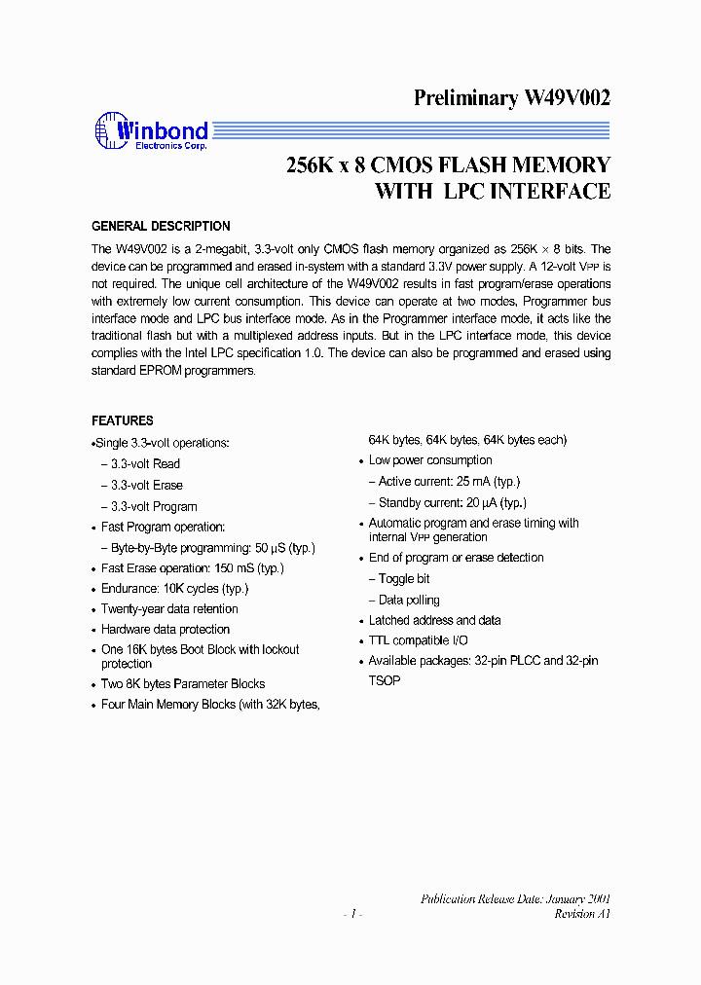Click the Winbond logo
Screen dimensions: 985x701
(151, 132)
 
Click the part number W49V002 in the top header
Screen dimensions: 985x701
(568, 97)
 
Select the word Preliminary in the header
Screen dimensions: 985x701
(465, 97)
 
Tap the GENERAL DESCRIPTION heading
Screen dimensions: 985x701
(161, 226)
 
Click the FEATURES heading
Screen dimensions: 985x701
(123, 420)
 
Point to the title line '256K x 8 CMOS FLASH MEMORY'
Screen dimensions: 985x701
(448, 164)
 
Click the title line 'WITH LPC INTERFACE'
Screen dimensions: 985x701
(493, 191)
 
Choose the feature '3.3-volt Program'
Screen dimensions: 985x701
(153, 506)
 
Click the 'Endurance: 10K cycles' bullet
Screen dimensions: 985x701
(174, 588)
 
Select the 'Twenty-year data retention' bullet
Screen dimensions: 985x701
(169, 608)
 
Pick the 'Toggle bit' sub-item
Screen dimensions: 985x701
(404, 578)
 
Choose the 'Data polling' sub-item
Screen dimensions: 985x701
(409, 600)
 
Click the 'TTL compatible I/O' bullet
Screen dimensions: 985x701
(418, 640)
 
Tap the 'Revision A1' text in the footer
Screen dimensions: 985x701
(582, 914)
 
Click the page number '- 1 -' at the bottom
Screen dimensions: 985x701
(352, 914)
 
